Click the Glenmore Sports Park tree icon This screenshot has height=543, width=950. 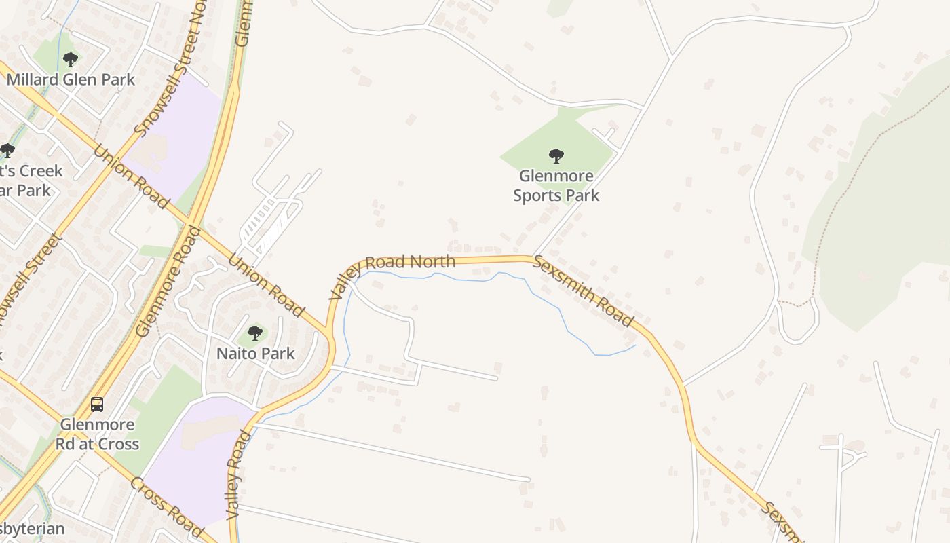(x=556, y=157)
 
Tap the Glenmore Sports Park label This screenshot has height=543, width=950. (x=556, y=186)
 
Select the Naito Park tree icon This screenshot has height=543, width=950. (x=255, y=333)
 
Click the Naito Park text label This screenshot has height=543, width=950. (x=255, y=353)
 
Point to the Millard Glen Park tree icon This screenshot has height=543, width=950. (x=70, y=60)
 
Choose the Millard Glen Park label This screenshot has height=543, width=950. (x=71, y=79)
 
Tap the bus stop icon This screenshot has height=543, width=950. (x=97, y=405)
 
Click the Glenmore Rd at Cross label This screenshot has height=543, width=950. (x=99, y=434)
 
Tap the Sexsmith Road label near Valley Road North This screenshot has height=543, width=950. (x=583, y=291)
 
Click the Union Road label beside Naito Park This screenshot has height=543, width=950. (x=266, y=286)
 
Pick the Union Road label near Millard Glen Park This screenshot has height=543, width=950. (x=130, y=176)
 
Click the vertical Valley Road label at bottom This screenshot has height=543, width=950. (x=235, y=475)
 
